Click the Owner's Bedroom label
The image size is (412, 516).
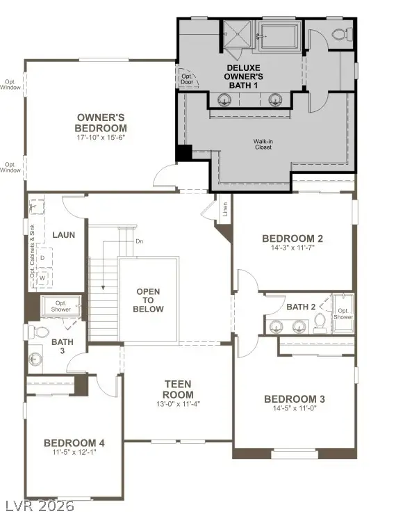[101, 122]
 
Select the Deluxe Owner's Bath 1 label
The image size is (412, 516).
[242, 76]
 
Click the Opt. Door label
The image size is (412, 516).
[186, 79]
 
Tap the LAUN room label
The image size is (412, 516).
[63, 235]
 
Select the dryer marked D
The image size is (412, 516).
[42, 258]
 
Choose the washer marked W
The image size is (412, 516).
[42, 278]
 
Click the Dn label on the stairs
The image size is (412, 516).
[139, 242]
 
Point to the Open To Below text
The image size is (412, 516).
[149, 300]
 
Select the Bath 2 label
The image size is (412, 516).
[301, 307]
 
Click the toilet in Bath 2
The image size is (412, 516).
[320, 321]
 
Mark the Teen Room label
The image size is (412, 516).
[178, 389]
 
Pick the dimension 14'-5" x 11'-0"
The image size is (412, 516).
[294, 410]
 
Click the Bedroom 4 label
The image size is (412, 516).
[74, 443]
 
